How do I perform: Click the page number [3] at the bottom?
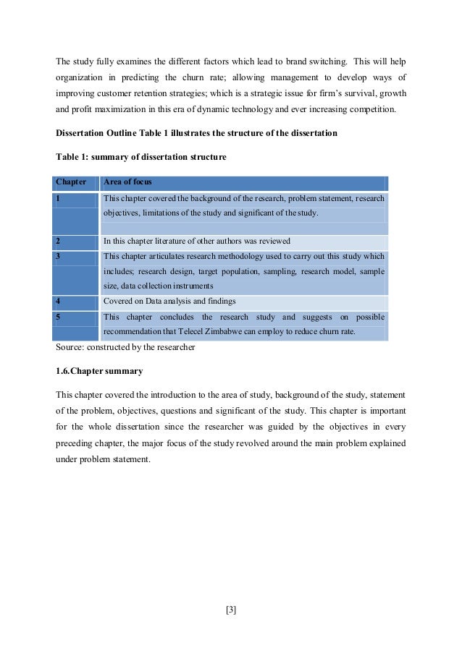pos(231,610)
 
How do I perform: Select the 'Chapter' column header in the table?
pos(71,182)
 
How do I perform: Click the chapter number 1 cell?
pos(59,197)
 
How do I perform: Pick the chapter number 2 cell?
pos(59,242)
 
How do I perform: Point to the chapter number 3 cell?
pos(59,257)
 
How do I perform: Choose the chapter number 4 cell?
pos(59,301)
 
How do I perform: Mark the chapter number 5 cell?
pos(59,317)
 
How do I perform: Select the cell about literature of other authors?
pos(197,242)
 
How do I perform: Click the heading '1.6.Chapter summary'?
pos(99,371)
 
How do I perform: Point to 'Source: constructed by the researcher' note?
pos(125,347)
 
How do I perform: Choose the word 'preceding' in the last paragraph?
pos(75,443)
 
